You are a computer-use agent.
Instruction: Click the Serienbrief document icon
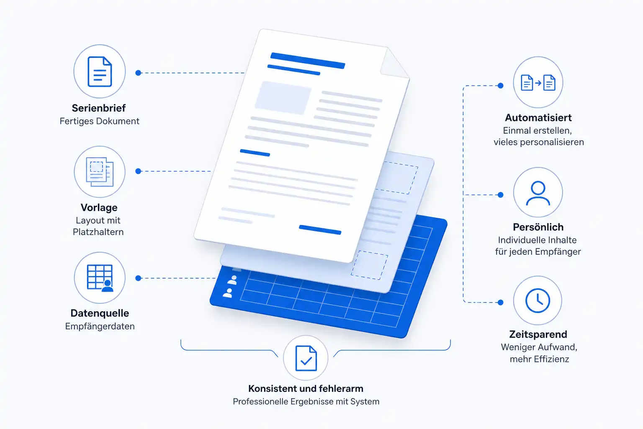(100, 72)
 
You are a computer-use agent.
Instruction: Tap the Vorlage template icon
(100, 172)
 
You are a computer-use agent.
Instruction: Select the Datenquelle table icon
(100, 278)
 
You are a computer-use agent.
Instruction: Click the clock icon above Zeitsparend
(538, 300)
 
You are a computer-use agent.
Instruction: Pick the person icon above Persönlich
(538, 193)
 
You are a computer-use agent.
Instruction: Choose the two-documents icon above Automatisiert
(538, 83)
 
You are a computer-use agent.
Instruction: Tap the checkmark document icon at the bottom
(306, 358)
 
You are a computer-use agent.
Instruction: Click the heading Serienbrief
(99, 108)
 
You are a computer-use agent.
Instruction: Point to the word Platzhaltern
(98, 232)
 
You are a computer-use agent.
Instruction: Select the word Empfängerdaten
(100, 326)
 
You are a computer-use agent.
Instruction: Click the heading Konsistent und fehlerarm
(306, 388)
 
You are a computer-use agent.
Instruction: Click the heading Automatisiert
(538, 118)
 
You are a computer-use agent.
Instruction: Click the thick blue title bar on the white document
(308, 61)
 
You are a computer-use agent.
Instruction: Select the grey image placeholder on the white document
(283, 98)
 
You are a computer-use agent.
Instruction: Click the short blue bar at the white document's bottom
(320, 230)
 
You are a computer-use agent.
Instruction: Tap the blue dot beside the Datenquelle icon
(139, 278)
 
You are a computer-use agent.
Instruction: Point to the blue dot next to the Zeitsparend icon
(501, 302)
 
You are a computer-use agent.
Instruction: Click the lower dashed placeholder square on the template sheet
(370, 265)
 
